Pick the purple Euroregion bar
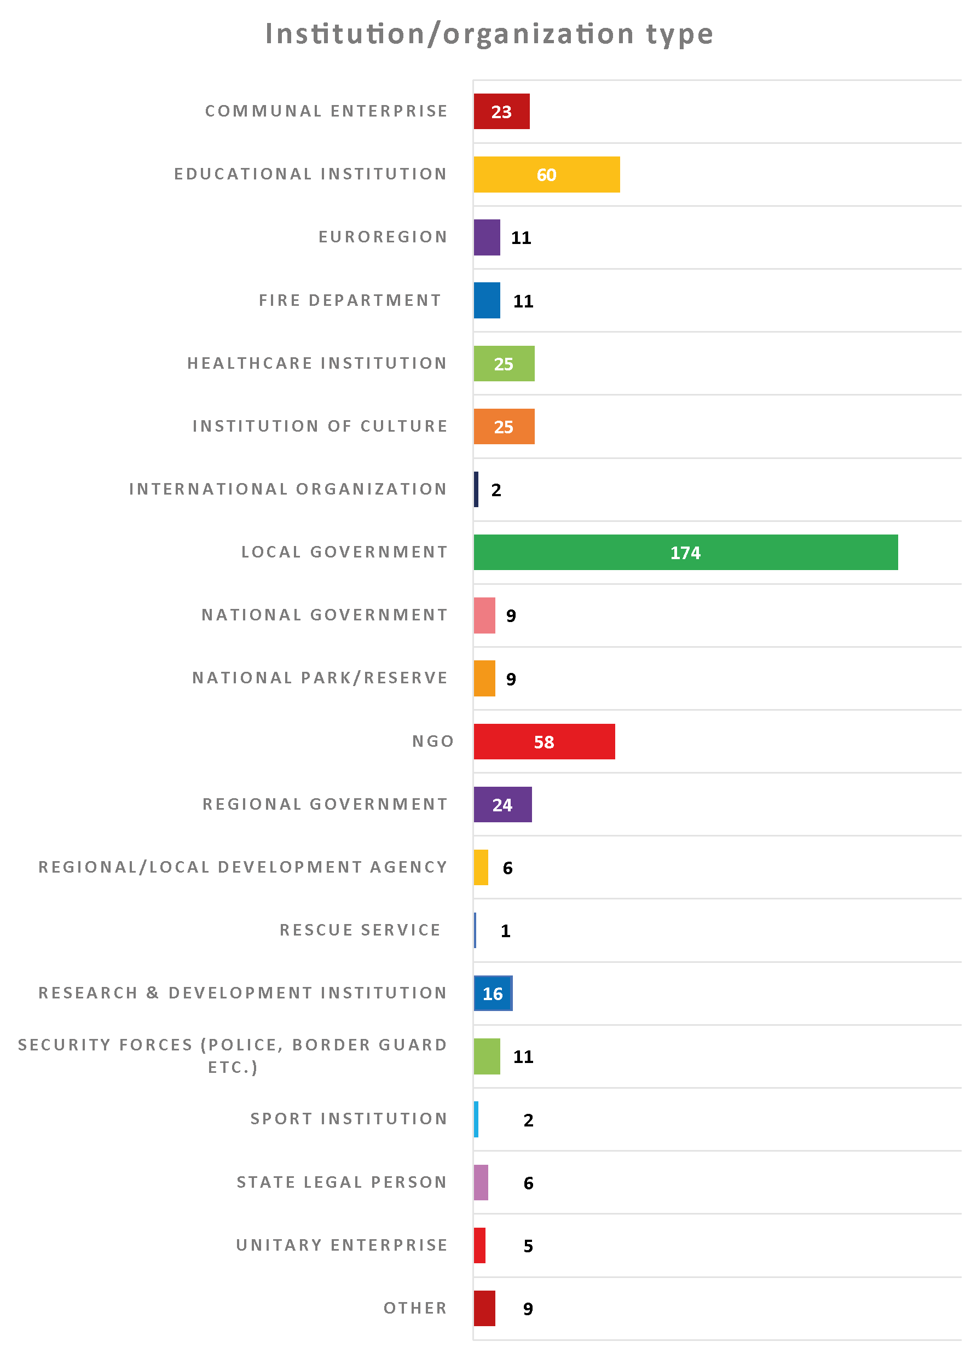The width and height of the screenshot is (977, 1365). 487,237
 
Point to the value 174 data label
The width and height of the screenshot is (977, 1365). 685,553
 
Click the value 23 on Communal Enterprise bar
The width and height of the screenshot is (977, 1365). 501,112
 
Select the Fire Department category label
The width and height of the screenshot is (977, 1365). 350,300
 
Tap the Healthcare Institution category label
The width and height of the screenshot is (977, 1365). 317,363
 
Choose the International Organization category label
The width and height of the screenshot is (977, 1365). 288,489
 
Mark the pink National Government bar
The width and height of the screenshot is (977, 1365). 484,615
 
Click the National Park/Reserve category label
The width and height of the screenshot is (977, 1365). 320,678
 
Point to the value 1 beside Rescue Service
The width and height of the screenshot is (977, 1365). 505,931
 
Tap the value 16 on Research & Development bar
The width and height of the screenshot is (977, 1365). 493,994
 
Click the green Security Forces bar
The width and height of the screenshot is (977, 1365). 487,1056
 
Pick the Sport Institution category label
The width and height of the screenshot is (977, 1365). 349,1118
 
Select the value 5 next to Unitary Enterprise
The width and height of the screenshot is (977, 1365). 528,1246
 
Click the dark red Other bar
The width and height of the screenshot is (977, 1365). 484,1309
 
